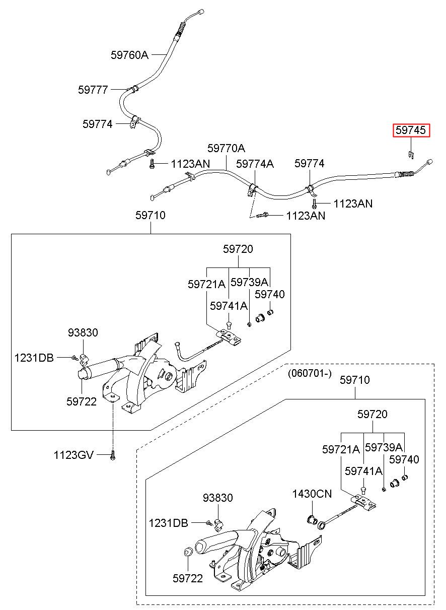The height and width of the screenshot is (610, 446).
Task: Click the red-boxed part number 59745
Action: [x=411, y=130]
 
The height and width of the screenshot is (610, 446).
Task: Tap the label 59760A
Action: [x=129, y=55]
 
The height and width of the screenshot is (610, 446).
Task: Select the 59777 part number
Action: [x=93, y=90]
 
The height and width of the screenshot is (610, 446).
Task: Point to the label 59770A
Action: [x=226, y=148]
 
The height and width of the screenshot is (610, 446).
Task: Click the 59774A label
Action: [x=255, y=164]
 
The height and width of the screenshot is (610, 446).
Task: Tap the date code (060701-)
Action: [x=310, y=373]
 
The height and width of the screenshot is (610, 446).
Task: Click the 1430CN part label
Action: [x=312, y=494]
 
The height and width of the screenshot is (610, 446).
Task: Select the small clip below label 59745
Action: [x=411, y=155]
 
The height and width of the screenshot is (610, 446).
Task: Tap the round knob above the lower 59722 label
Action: [x=188, y=552]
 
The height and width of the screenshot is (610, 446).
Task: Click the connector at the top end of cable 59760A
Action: [x=201, y=12]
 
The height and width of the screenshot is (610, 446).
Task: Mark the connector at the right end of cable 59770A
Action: [x=430, y=162]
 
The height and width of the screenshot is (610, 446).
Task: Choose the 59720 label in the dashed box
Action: [x=372, y=414]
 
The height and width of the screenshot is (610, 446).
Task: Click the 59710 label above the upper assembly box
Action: [x=150, y=215]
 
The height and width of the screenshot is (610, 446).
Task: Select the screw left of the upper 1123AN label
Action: [x=152, y=164]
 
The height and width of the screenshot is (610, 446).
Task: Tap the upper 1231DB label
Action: [x=34, y=358]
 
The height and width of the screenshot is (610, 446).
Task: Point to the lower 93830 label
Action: [x=217, y=498]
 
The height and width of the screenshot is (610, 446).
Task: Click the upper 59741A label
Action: [x=229, y=306]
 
